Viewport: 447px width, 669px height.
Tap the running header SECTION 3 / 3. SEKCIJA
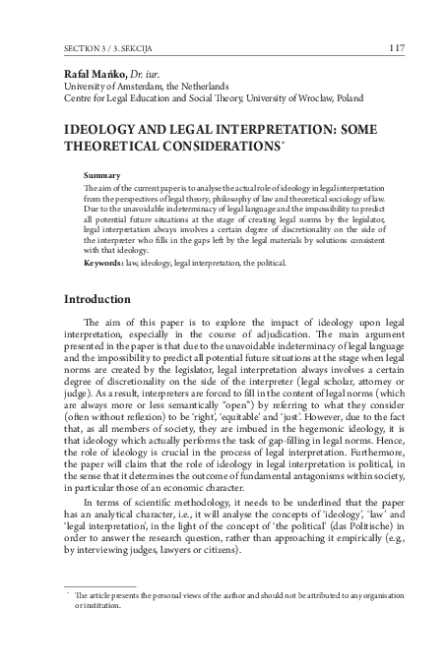tap(106, 47)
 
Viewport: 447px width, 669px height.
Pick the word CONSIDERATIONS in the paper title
tap(223, 146)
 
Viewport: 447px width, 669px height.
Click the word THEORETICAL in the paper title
tap(108, 146)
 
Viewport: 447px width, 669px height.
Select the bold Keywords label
tap(106, 263)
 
